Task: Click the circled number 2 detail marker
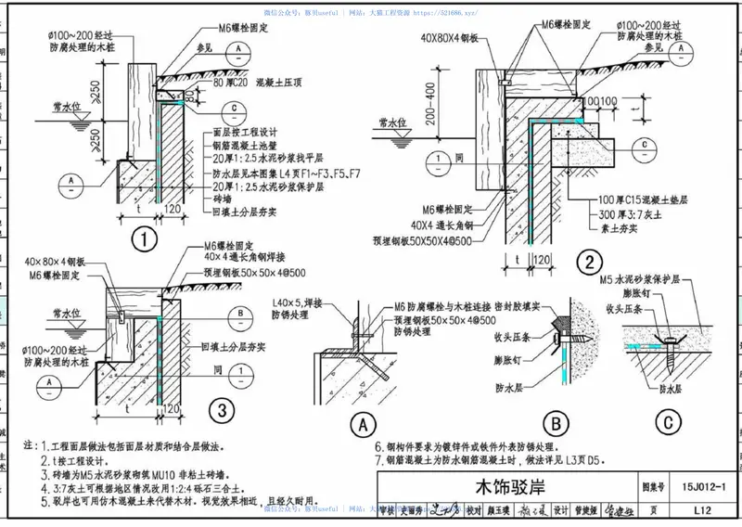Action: [x=587, y=263]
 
